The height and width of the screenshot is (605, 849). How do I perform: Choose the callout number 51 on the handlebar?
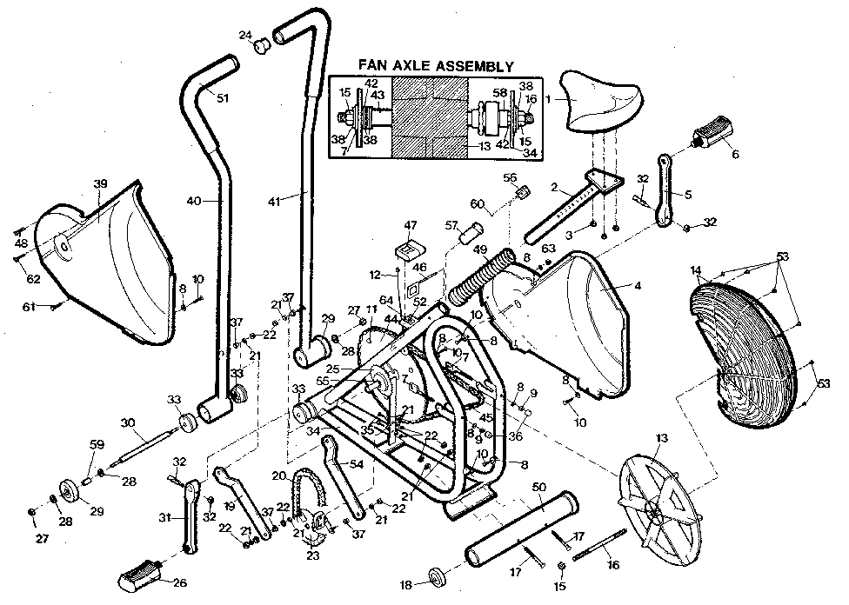pyautogui.click(x=223, y=97)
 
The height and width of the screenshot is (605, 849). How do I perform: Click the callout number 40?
pyautogui.click(x=193, y=201)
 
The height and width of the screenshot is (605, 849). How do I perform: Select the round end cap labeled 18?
pyautogui.click(x=438, y=578)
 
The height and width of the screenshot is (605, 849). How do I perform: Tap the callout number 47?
pyautogui.click(x=410, y=224)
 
